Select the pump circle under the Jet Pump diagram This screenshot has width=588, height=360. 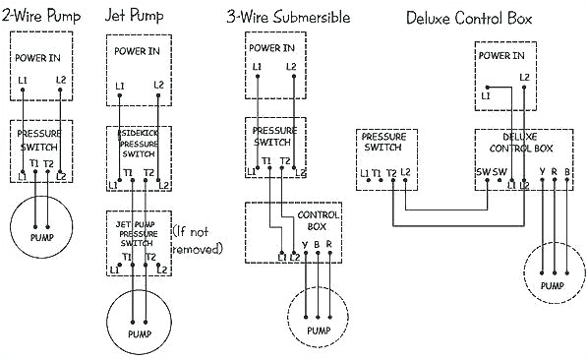[x=138, y=320]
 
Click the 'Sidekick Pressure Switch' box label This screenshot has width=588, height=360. [x=138, y=143]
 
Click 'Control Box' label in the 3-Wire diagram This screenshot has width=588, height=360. [x=319, y=220]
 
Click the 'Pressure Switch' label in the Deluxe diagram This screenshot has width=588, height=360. [x=382, y=144]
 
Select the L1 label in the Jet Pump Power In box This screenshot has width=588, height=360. [x=118, y=86]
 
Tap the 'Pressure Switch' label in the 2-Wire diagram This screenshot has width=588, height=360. [x=41, y=138]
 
